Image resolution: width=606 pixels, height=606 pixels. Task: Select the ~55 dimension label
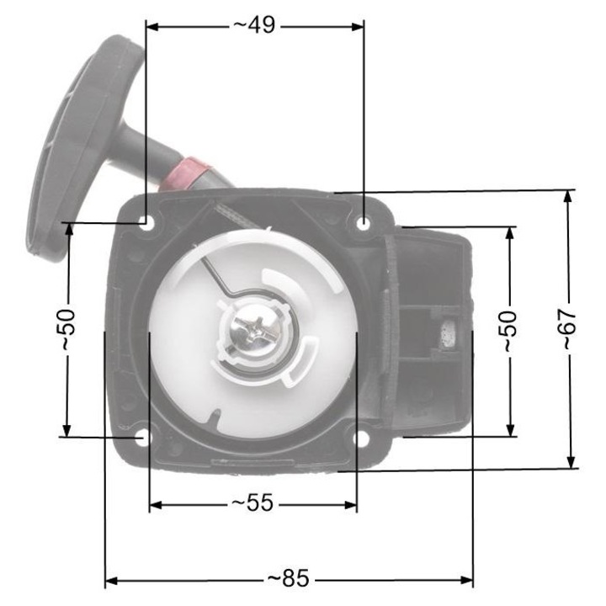click(252, 503)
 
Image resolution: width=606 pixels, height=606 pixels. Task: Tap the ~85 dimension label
click(288, 579)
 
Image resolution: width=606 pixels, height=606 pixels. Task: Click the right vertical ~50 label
click(508, 330)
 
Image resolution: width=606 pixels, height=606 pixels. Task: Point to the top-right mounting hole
click(363, 223)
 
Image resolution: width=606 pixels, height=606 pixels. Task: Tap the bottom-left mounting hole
click(144, 438)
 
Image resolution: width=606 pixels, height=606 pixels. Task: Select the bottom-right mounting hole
click(361, 439)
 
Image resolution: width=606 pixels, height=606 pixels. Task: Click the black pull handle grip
click(76, 143)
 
